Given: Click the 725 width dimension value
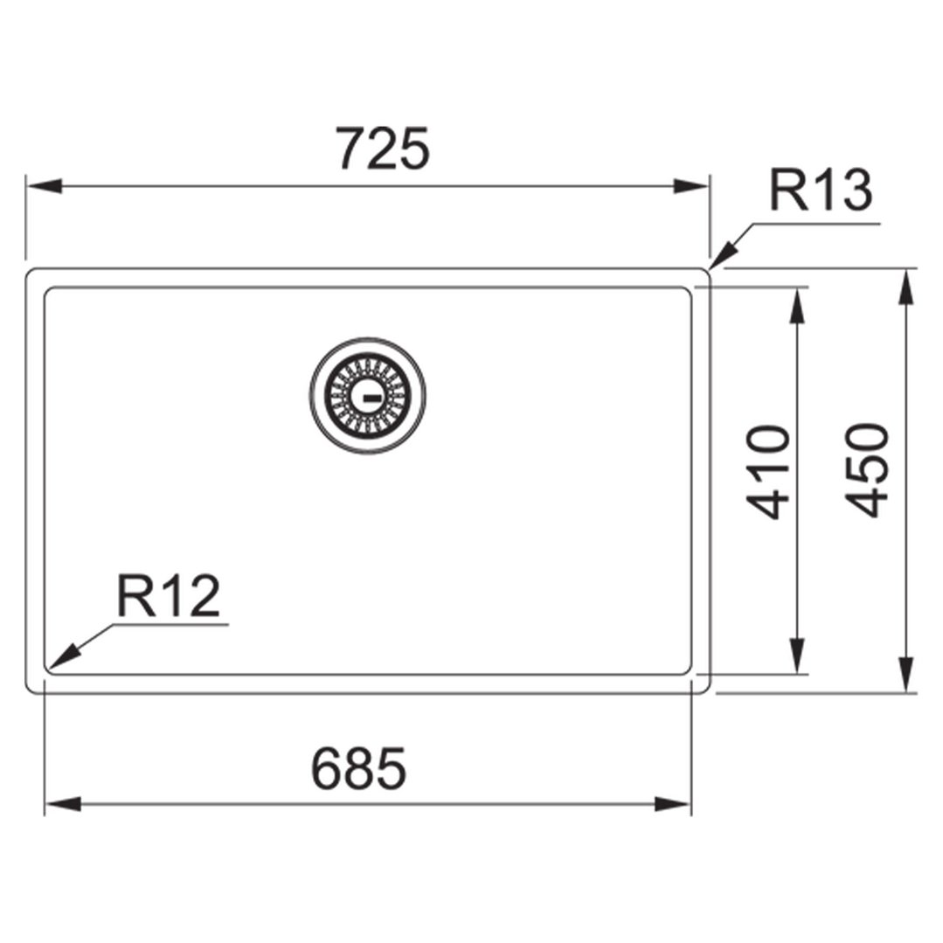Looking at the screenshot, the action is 383,148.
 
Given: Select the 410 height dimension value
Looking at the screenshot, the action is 768,472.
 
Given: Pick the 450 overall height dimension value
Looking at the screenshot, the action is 867,469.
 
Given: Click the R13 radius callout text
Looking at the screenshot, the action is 821,191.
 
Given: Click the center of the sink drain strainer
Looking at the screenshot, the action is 368,395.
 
